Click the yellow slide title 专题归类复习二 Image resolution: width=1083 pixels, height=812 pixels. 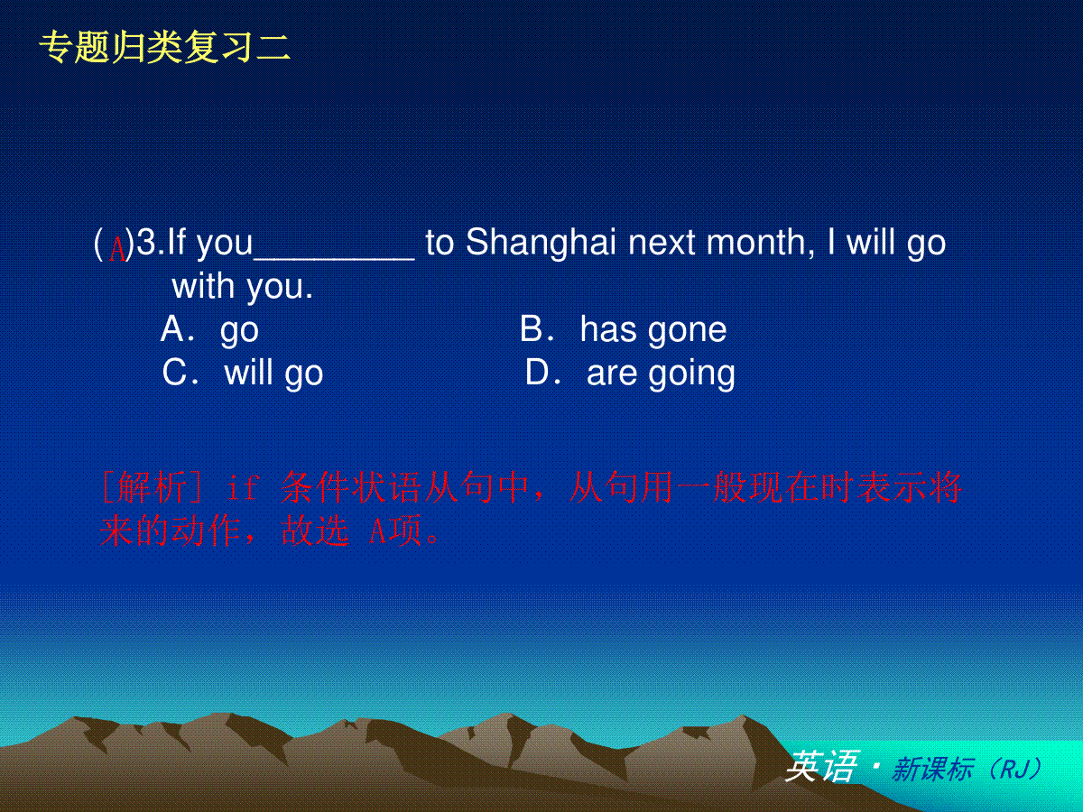pos(164,47)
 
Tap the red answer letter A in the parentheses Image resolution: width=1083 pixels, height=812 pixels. pos(117,249)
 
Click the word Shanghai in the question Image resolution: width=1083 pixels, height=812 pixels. pos(541,243)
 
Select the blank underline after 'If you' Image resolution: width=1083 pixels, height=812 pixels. pos(334,257)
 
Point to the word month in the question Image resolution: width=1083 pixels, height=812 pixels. pos(760,243)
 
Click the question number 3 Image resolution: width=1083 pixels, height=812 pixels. pos(146,242)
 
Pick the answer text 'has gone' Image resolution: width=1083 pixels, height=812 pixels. pos(653,331)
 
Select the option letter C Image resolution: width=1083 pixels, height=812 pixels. pos(173,373)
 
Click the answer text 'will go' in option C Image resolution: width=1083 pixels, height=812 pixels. pos(273,374)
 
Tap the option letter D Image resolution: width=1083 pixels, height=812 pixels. pos(537,373)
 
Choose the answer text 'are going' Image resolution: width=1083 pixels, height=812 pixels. pos(661,374)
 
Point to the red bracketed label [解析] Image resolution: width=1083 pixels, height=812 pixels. pos(152,487)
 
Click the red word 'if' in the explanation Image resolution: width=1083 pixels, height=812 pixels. pos(243,487)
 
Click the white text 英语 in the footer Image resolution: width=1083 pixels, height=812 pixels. pos(822,767)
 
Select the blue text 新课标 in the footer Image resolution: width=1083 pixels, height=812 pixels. pos(932,769)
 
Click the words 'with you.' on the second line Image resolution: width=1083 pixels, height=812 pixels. pos(242,288)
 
